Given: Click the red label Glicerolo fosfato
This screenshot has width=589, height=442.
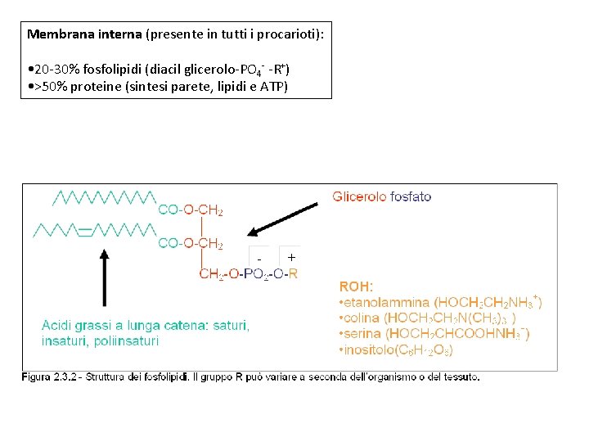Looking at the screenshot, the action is (x=381, y=196).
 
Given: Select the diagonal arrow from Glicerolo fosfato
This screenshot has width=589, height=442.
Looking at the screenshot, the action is (x=284, y=218).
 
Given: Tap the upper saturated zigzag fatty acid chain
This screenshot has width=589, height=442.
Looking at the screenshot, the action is (x=104, y=197).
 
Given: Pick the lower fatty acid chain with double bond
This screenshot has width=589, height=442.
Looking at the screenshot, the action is (x=94, y=231).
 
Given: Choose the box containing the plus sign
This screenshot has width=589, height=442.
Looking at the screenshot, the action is (x=290, y=257).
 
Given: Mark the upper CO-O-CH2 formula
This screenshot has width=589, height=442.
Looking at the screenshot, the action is (x=190, y=210).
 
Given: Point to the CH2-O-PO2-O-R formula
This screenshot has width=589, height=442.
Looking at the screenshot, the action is (x=248, y=274).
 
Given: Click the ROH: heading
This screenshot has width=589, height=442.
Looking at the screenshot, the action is (x=356, y=287).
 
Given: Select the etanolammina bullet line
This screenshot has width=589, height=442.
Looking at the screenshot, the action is (x=439, y=302).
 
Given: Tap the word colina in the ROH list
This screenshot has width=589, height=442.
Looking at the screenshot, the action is (x=362, y=318).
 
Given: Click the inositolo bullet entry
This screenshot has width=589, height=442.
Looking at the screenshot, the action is (x=396, y=350).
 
